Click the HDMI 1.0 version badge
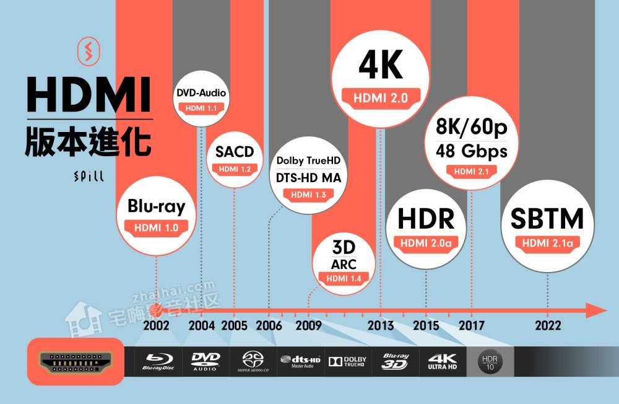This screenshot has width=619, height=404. click(156, 227)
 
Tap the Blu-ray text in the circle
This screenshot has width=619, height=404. click(156, 206)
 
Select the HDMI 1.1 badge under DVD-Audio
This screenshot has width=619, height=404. click(201, 108)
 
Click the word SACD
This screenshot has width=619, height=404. click(235, 152)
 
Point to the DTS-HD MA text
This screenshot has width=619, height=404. click(308, 178)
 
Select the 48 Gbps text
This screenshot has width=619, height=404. click(471, 151)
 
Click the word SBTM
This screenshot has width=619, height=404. click(547, 219)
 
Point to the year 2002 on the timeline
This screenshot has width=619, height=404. click(156, 326)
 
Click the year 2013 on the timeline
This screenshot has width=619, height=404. click(380, 326)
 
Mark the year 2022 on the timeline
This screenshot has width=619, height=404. click(548, 326)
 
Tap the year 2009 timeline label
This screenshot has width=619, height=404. click(308, 326)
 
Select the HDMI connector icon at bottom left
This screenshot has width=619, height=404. click(76, 362)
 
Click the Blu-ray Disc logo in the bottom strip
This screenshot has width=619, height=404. click(159, 361)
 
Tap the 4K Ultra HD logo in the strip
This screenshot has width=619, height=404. click(442, 361)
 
